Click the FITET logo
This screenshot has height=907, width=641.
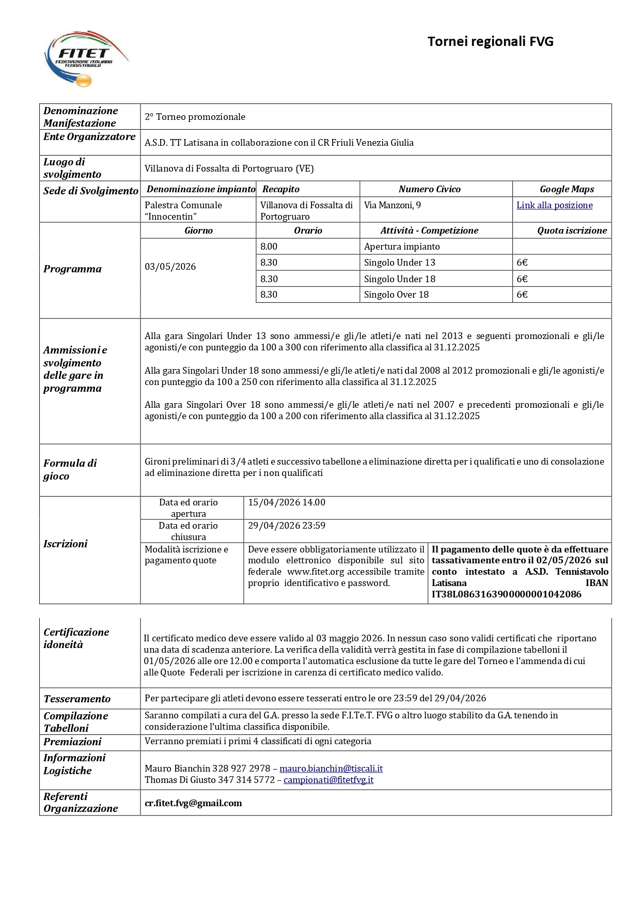click(x=85, y=58)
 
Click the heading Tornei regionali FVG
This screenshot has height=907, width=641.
click(x=490, y=41)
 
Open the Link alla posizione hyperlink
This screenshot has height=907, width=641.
click(x=554, y=205)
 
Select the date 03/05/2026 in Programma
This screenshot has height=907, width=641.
click(x=170, y=267)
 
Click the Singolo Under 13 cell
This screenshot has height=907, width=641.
click(x=399, y=263)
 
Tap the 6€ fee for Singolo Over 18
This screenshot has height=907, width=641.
click(x=522, y=295)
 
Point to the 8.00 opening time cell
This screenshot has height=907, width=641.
click(x=269, y=247)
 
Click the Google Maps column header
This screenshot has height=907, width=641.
click(x=567, y=189)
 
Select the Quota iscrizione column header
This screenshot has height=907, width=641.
click(x=572, y=230)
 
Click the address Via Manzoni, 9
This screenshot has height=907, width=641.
click(x=393, y=205)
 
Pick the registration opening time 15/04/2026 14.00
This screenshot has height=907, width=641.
click(x=287, y=502)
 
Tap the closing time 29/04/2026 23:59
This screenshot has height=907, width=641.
click(x=287, y=526)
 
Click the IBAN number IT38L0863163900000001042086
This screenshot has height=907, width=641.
click(x=506, y=594)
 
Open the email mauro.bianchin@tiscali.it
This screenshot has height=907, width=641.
click(x=331, y=768)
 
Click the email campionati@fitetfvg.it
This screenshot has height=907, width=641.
click(x=329, y=780)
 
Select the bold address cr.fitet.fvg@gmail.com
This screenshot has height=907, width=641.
click(x=193, y=803)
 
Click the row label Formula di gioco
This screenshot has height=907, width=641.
click(x=70, y=469)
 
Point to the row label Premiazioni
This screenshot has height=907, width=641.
click(x=72, y=742)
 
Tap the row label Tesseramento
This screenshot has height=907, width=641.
click(x=77, y=699)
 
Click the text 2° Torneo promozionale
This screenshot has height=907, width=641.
click(x=195, y=117)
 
